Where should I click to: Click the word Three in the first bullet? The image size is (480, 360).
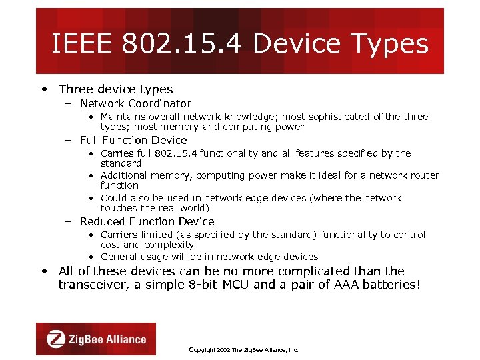(x=75, y=89)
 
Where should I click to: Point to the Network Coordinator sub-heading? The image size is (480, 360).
(x=135, y=104)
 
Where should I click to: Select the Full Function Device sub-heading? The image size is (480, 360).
(x=133, y=140)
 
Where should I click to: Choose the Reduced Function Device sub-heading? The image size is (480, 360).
(x=147, y=221)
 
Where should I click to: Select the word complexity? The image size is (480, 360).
(x=169, y=245)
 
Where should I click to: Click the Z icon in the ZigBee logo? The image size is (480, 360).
(x=56, y=339)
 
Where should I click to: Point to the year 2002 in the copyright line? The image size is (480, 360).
(x=223, y=350)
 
